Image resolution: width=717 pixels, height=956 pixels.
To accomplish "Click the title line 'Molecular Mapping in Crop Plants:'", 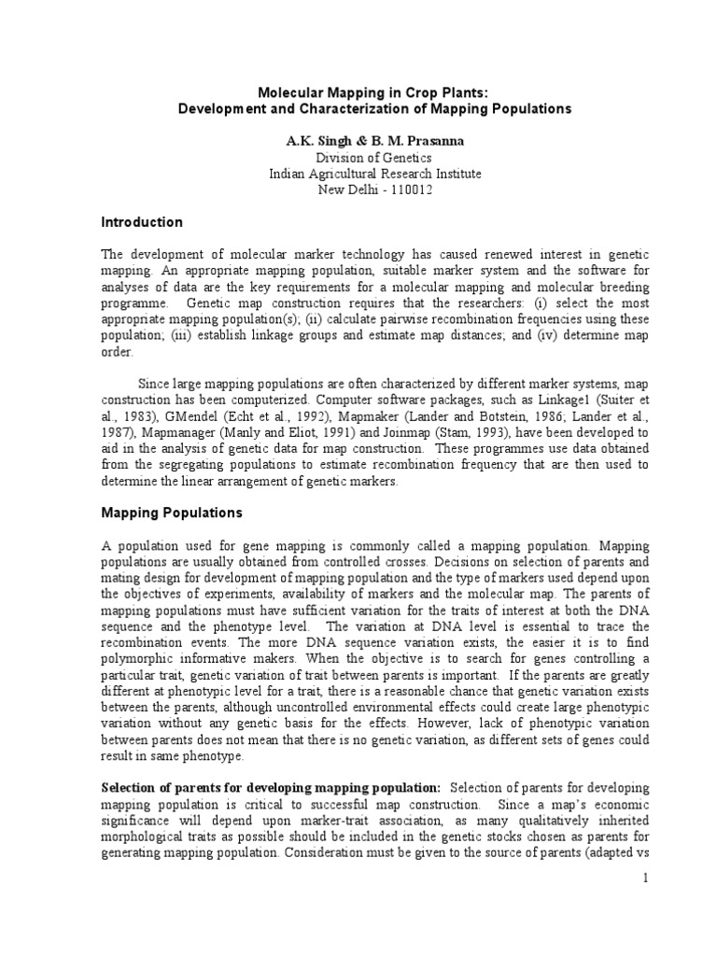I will pos(360,92).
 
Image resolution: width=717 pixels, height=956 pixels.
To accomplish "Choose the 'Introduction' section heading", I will pos(142,222).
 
